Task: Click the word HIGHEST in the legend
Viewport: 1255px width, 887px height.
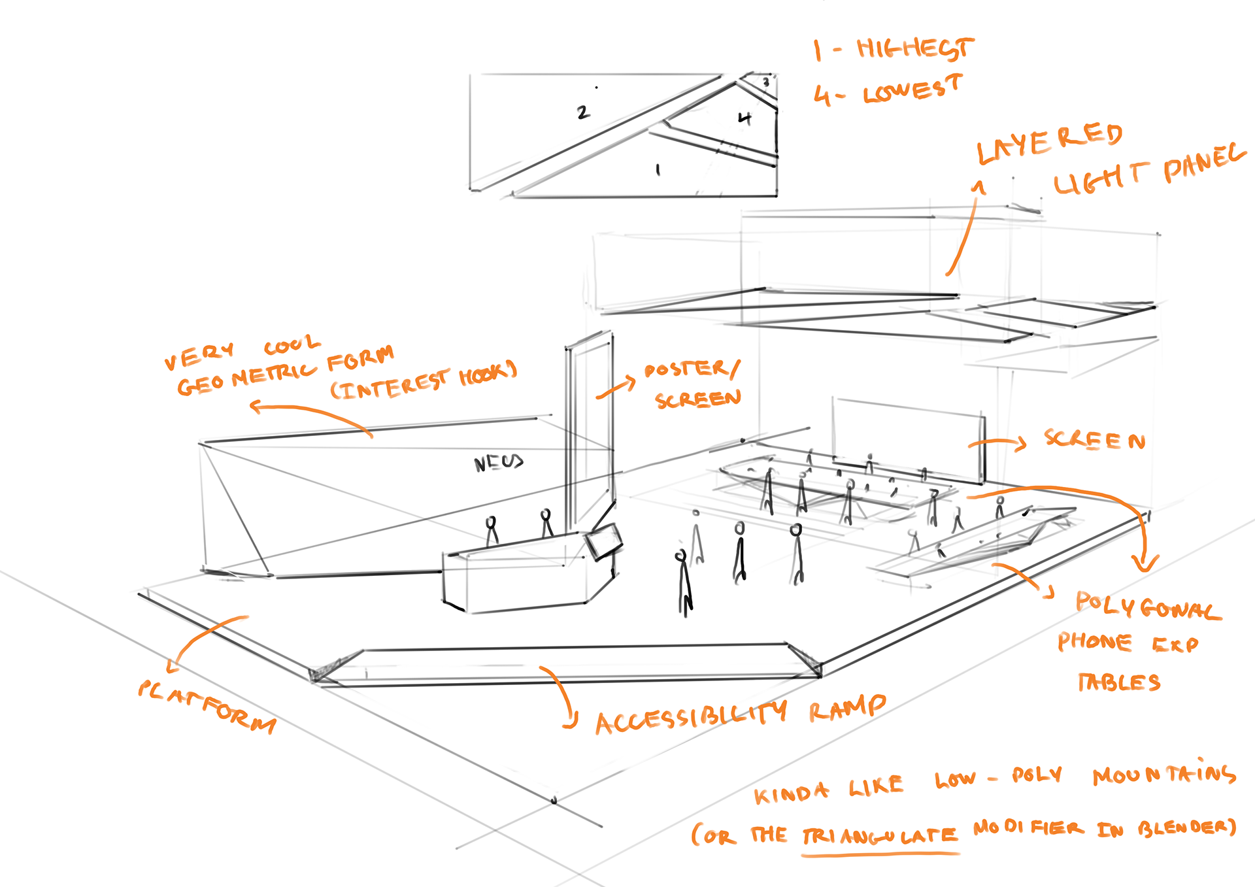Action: click(914, 48)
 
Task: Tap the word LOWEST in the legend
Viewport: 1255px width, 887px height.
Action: click(912, 90)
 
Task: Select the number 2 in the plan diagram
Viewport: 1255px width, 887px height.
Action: click(582, 112)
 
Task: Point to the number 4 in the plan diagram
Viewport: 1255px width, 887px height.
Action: click(745, 118)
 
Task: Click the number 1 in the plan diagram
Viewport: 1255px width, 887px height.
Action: click(658, 170)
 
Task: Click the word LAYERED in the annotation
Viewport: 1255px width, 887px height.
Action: click(1049, 142)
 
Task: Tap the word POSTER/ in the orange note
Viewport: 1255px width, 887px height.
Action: click(692, 369)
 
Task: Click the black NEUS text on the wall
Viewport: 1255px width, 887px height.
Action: click(499, 463)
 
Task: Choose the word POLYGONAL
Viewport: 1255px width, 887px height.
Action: click(1148, 606)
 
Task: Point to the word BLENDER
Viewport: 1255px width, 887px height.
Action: click(1187, 828)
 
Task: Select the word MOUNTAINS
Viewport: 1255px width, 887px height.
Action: click(1164, 774)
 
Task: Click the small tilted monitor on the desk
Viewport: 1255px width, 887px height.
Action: click(603, 541)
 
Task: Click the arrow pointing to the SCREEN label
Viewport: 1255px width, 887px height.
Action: click(997, 444)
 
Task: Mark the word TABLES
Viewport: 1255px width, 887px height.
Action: click(1119, 682)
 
